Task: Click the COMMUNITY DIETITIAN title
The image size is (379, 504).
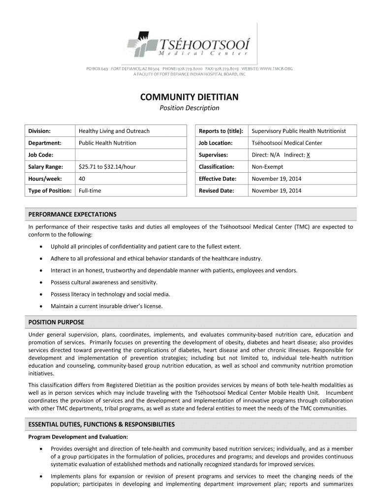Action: click(189, 97)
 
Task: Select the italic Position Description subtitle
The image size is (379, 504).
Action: click(189, 108)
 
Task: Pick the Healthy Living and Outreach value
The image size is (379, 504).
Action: click(114, 131)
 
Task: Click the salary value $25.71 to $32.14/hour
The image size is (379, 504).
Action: click(107, 167)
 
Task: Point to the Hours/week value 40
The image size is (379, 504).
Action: click(82, 179)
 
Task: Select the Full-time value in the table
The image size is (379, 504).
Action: click(90, 190)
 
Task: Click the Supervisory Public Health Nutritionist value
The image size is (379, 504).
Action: click(299, 131)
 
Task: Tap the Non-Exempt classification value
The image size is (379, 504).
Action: click(267, 167)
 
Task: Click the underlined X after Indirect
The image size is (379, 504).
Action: click(308, 155)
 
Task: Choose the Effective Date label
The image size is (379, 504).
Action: click(218, 179)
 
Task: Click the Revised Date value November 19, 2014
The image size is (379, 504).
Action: click(277, 190)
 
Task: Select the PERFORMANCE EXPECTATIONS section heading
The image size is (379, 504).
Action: click(72, 215)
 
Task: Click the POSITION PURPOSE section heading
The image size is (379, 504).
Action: click(56, 322)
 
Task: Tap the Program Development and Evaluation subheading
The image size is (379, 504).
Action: click(78, 437)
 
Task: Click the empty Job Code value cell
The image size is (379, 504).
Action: click(131, 155)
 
